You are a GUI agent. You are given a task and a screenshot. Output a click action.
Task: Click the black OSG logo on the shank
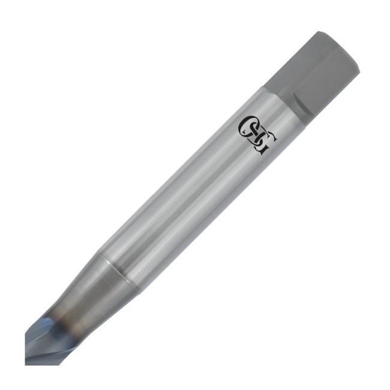click(258, 136)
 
